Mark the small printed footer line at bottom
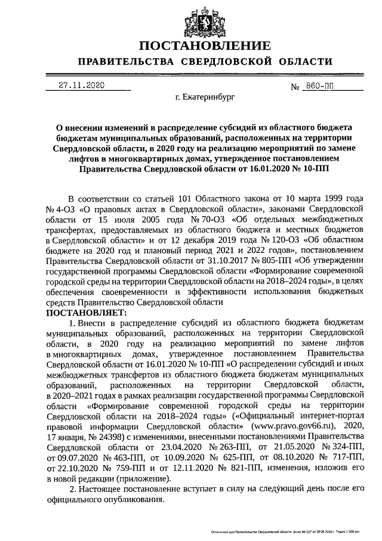(x=292, y=530)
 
